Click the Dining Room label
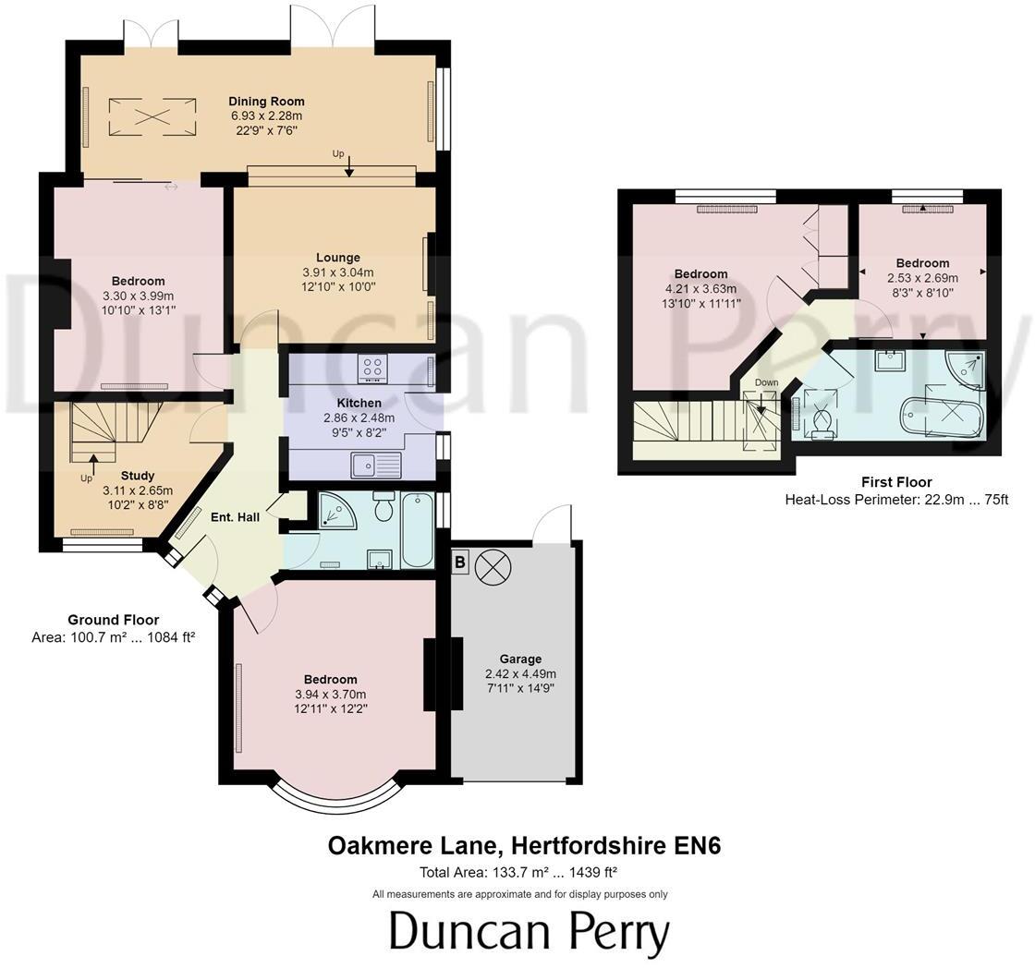pyautogui.click(x=266, y=102)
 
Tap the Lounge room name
pyautogui.click(x=337, y=258)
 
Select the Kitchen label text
pyautogui.click(x=359, y=403)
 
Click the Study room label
pyautogui.click(x=137, y=476)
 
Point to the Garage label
pyautogui.click(x=520, y=659)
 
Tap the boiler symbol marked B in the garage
pyautogui.click(x=460, y=563)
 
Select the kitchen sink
pyautogui.click(x=375, y=465)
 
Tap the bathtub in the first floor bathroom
pyautogui.click(x=942, y=417)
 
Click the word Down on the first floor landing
pyautogui.click(x=766, y=382)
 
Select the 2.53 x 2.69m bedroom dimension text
pyautogui.click(x=921, y=278)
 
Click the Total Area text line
pyautogui.click(x=518, y=871)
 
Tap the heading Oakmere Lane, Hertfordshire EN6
pyautogui.click(x=524, y=845)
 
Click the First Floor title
pyautogui.click(x=895, y=482)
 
